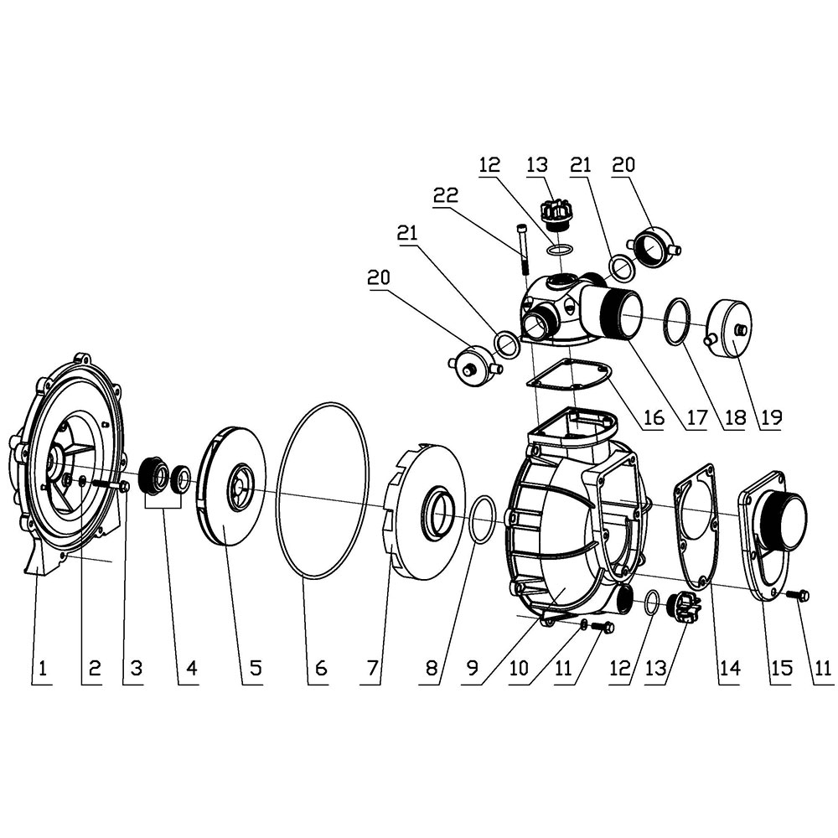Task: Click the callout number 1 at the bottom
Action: click(x=41, y=668)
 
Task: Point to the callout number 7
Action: click(x=371, y=668)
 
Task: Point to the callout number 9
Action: click(x=473, y=668)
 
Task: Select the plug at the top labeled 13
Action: click(x=554, y=213)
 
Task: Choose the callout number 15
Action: click(x=781, y=668)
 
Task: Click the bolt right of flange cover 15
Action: click(x=798, y=595)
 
